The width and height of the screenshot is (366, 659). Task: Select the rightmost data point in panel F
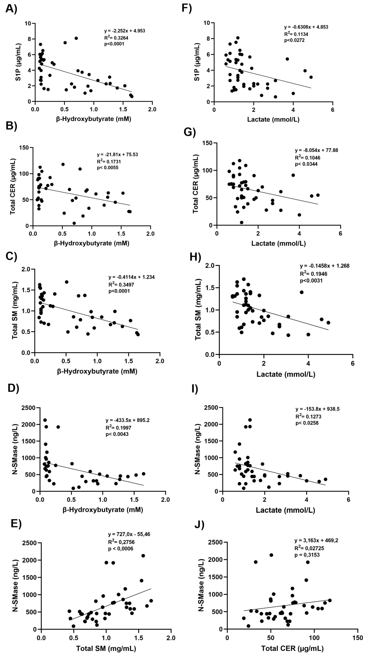click(x=311, y=77)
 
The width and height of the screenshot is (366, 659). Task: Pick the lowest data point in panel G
click(x=241, y=222)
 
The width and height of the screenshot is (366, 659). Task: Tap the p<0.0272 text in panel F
click(x=294, y=40)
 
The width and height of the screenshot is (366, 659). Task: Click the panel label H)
click(x=195, y=257)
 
